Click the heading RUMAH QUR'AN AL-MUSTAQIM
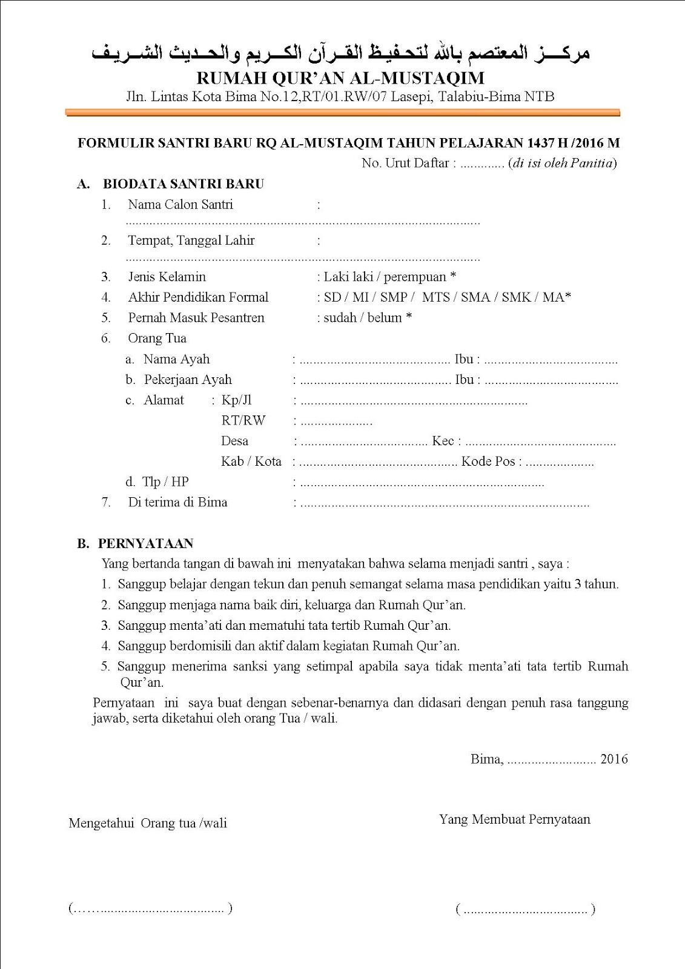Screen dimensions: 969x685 point(341,78)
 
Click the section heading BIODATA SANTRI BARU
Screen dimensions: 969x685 point(184,184)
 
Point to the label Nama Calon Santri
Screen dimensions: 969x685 point(180,205)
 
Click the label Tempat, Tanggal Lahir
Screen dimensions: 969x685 point(191,240)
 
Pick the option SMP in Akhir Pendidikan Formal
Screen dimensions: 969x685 point(394,297)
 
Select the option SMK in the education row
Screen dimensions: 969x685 point(516,297)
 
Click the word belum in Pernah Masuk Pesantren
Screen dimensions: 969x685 point(385,318)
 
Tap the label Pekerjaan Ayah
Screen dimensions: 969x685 point(188,380)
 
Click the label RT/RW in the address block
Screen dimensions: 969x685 point(243,420)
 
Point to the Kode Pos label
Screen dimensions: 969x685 point(488,461)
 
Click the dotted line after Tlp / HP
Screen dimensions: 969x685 point(422,483)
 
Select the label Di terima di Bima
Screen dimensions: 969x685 point(177,502)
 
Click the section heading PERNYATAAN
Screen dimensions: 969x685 point(145,544)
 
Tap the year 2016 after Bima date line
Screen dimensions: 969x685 point(614,759)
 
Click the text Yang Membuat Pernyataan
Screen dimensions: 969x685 point(515,819)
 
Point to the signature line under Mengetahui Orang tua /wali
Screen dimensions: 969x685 point(150,908)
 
